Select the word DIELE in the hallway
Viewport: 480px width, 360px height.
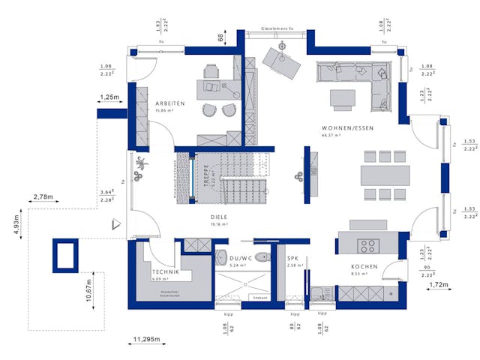(x=218, y=216)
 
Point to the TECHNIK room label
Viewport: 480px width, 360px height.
(x=165, y=271)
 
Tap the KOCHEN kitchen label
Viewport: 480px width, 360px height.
(x=364, y=267)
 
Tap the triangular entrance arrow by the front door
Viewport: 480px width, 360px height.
(x=115, y=223)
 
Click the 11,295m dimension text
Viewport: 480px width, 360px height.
(x=145, y=340)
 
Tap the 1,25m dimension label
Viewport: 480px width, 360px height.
(x=109, y=97)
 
